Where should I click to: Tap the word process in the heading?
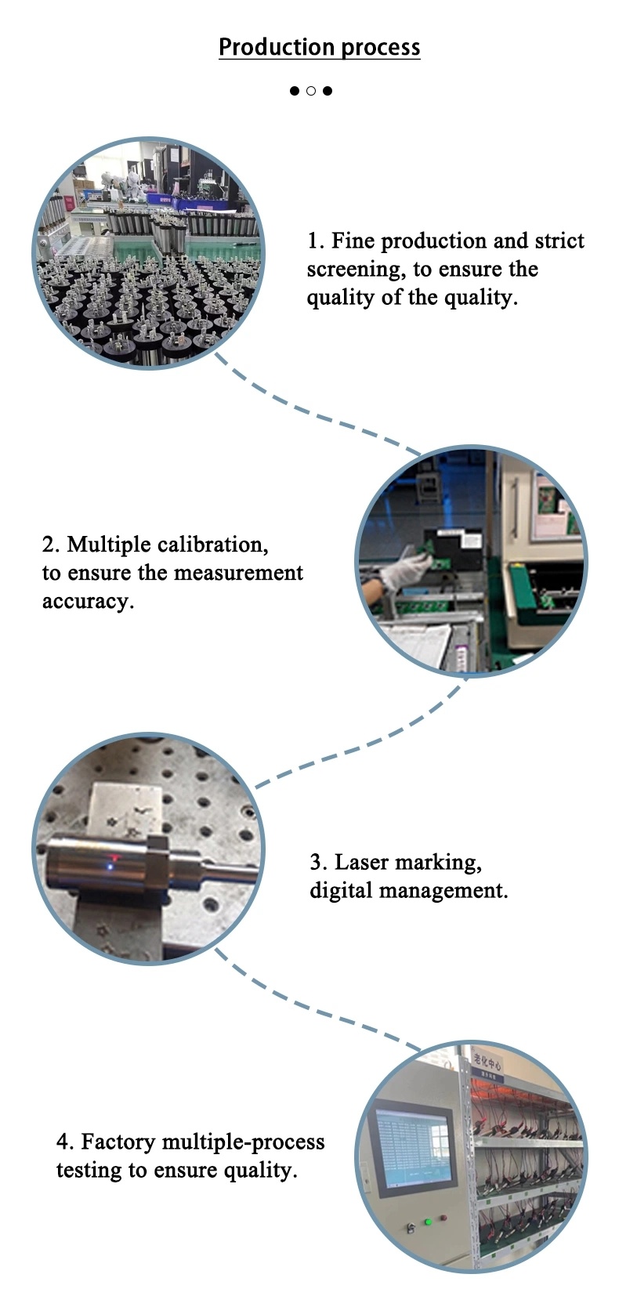click(x=381, y=49)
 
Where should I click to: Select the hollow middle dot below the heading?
click(x=311, y=91)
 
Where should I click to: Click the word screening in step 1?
click(x=356, y=270)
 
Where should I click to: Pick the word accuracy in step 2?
click(x=88, y=601)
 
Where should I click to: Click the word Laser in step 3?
click(x=362, y=863)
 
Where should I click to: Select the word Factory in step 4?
click(x=118, y=1142)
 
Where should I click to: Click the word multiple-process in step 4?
click(x=243, y=1142)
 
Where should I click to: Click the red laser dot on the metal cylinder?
click(x=114, y=860)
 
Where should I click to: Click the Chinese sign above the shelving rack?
click(x=487, y=1065)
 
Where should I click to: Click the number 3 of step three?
click(x=317, y=863)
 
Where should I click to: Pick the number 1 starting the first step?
click(x=313, y=241)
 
